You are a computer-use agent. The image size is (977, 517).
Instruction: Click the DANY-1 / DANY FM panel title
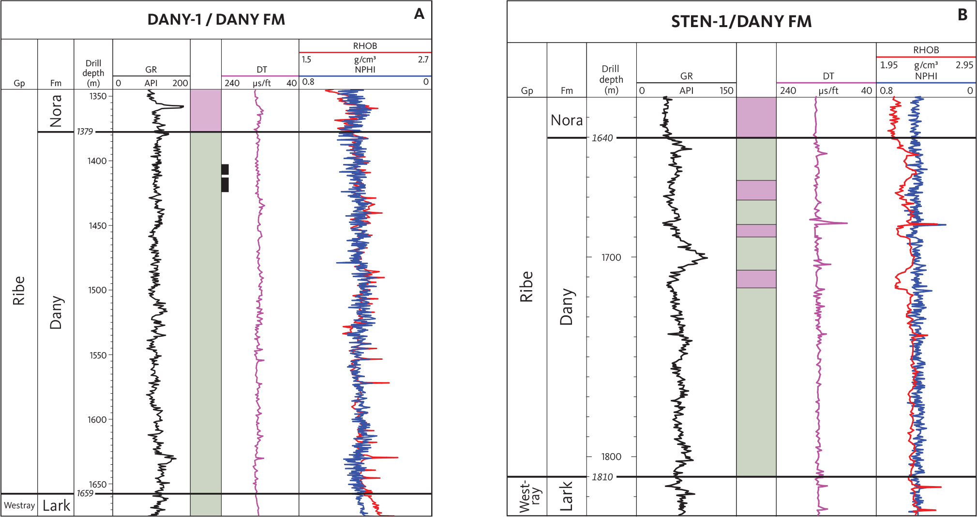216,20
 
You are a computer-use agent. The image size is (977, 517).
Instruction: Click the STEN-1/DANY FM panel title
741,22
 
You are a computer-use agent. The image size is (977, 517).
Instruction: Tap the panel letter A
419,14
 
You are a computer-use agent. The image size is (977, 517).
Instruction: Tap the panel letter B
962,15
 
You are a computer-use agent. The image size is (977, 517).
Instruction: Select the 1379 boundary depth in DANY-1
85,132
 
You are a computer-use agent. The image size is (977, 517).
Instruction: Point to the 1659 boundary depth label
85,493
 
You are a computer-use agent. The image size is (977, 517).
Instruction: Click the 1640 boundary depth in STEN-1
602,138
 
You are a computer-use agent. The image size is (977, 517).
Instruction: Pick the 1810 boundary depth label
602,477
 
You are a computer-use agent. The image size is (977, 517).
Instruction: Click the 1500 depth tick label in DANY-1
97,290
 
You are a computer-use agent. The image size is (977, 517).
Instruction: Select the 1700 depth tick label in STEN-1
611,258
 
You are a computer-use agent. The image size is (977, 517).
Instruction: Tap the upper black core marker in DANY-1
225,169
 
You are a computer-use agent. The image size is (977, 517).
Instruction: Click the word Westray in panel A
19,505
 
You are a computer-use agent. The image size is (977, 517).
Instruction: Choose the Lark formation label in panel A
56,506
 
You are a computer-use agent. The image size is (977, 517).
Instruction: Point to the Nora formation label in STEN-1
567,120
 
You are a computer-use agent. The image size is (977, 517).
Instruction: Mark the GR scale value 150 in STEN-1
726,90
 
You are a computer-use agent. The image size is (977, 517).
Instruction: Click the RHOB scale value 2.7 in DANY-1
423,59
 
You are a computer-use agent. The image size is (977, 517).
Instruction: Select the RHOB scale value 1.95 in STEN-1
888,65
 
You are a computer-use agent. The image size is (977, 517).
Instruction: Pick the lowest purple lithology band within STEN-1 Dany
756,279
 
